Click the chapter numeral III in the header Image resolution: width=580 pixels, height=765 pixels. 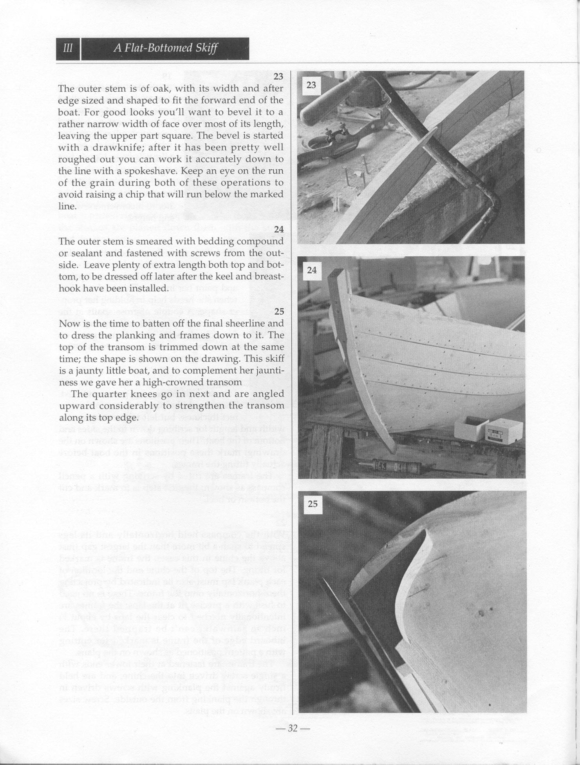(x=68, y=49)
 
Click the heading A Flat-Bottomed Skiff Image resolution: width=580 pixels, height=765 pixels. (x=165, y=49)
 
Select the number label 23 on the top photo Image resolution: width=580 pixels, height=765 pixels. (x=311, y=85)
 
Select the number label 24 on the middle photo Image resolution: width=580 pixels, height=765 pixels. (x=312, y=270)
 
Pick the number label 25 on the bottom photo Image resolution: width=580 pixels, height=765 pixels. (x=313, y=504)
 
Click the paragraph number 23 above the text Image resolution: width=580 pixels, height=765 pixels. (x=278, y=76)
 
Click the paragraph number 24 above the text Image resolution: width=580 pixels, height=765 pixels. (x=279, y=229)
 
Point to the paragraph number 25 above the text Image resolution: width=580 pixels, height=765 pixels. (x=279, y=312)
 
